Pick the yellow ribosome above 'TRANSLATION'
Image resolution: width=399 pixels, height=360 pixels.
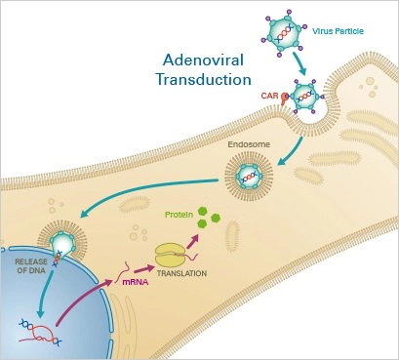(169, 255)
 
